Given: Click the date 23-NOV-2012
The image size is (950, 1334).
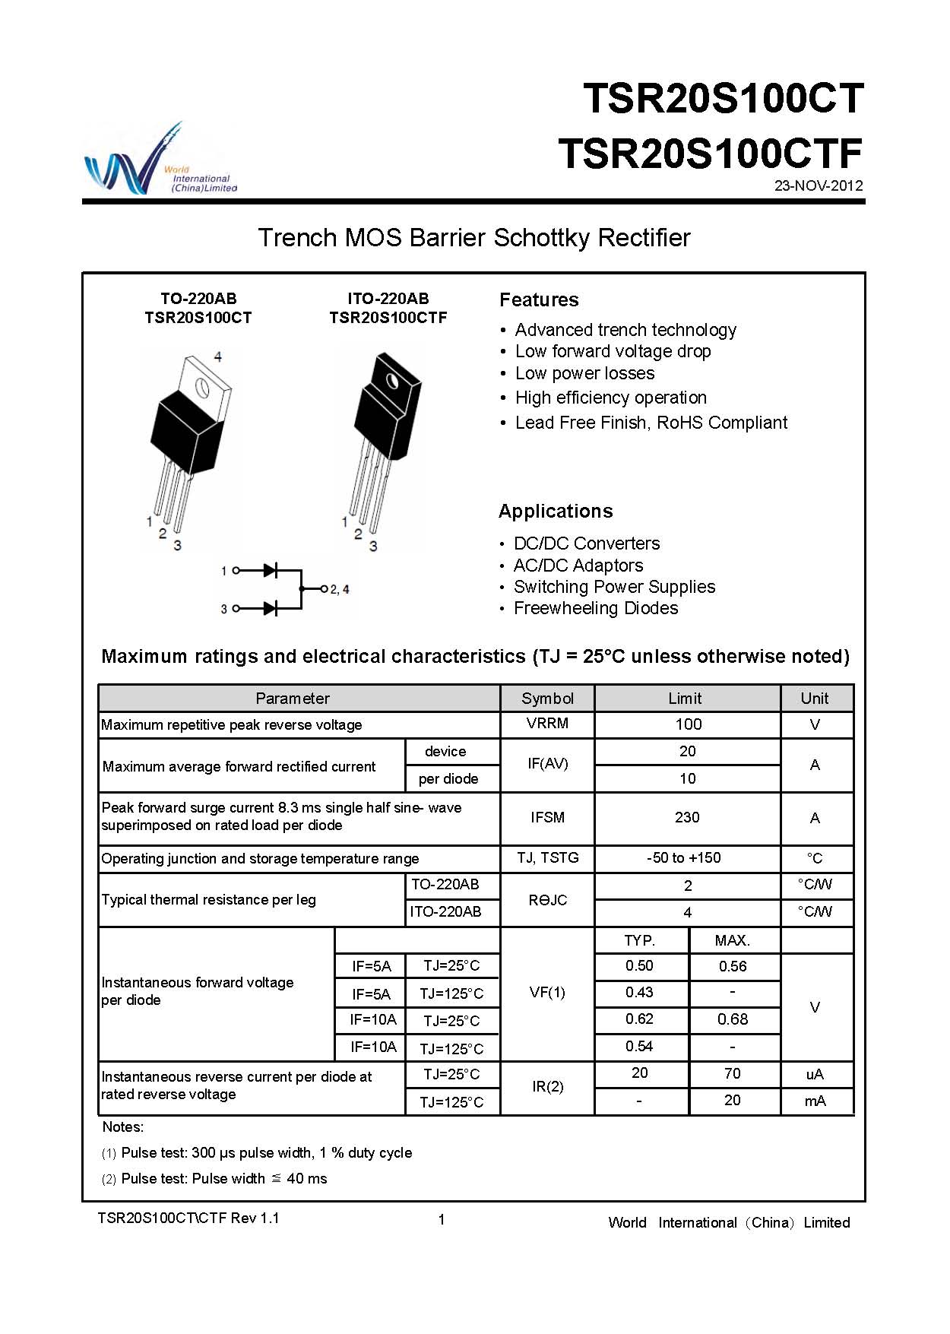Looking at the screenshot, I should [x=819, y=185].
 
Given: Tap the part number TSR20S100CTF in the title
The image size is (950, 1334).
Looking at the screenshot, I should [x=710, y=154].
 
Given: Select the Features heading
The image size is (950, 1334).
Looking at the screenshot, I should [x=539, y=300].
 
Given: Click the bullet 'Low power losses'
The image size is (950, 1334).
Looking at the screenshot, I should [x=584, y=373].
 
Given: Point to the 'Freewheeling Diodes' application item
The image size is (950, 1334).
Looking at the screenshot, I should [x=596, y=608].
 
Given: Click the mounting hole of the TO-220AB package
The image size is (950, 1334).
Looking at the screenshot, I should [x=203, y=387].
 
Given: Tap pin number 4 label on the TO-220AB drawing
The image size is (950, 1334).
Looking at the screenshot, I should [x=218, y=356].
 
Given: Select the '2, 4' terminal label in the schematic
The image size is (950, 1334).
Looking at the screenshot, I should [x=339, y=589].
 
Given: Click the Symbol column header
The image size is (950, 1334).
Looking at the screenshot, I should [x=547, y=699].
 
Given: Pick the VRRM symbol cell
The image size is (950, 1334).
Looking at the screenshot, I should [x=547, y=724].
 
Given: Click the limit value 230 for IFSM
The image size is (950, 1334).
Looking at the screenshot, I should [x=687, y=818].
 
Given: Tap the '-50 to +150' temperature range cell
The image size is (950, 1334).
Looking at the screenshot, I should [x=684, y=858].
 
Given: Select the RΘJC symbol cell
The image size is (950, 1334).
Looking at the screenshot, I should [x=547, y=900].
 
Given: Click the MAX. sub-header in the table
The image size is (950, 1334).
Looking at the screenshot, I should [x=733, y=941].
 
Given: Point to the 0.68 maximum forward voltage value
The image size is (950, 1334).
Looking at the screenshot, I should [x=733, y=1019].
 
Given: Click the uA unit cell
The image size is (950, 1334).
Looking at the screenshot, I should [x=815, y=1074].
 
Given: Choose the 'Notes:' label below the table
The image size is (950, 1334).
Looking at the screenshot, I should [x=123, y=1127].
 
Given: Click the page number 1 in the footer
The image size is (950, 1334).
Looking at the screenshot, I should [x=442, y=1220].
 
